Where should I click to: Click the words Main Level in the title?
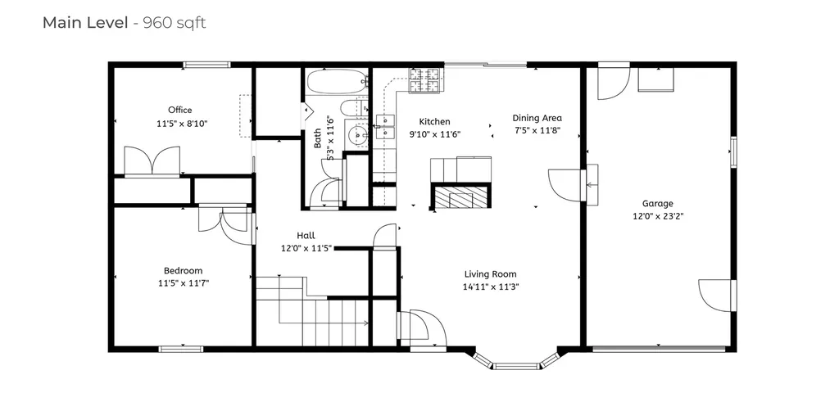click(x=84, y=23)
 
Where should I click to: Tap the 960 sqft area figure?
click(x=175, y=23)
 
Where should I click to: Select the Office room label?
click(x=180, y=110)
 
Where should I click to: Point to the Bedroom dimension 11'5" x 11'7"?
click(x=183, y=283)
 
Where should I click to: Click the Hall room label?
click(x=306, y=236)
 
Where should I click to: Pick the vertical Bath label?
click(x=318, y=138)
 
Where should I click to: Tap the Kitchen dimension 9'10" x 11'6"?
click(x=434, y=134)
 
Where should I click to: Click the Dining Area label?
click(x=537, y=118)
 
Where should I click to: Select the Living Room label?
click(x=490, y=274)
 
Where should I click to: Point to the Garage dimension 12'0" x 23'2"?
click(x=657, y=217)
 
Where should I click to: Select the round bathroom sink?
click(x=357, y=134)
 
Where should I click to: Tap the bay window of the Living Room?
click(x=516, y=360)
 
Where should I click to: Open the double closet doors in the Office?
click(x=151, y=160)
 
